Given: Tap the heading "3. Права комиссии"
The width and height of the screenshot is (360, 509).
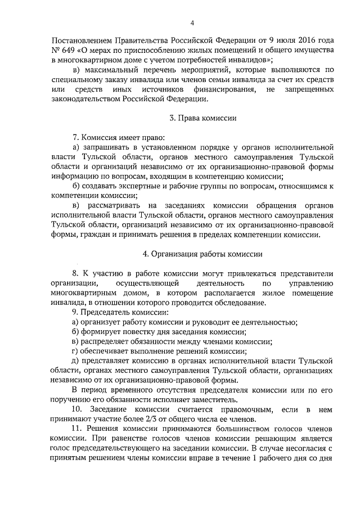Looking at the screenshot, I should (202, 118).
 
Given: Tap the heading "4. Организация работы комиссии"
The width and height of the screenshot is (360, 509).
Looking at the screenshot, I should (202, 254).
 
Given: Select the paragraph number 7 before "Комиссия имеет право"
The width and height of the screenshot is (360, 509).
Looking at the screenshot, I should (76, 138).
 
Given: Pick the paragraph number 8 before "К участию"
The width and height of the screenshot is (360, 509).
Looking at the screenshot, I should (76, 273).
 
